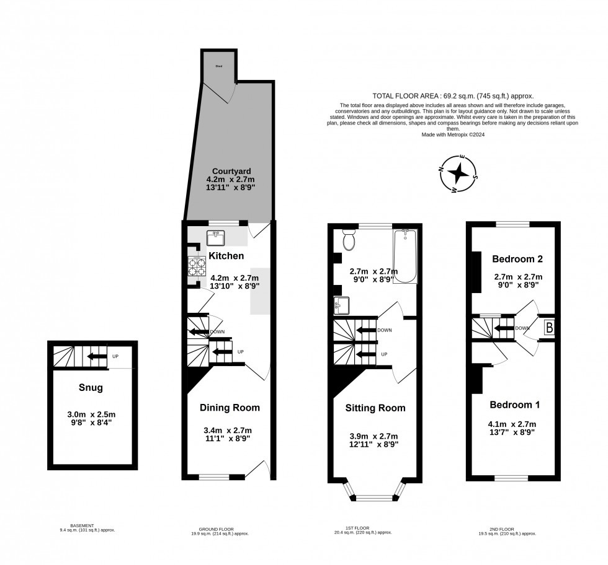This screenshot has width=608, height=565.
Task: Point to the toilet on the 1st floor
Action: (348, 240)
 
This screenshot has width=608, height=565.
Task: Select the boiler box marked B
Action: (549, 328)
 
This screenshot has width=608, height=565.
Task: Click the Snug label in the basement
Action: (91, 388)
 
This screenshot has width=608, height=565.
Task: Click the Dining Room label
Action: (230, 408)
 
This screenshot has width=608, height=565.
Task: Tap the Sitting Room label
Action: (375, 408)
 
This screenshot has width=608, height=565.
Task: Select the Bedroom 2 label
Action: (517, 258)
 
